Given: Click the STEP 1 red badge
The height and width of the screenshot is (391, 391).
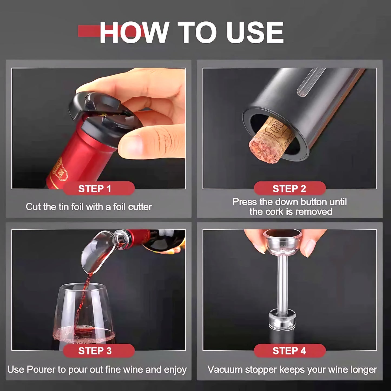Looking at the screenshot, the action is [99, 188].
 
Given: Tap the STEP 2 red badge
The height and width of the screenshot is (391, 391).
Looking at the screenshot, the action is [290, 188].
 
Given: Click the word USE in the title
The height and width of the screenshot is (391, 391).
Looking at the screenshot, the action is [255, 32].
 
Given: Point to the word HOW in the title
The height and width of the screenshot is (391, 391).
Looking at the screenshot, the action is [134, 32].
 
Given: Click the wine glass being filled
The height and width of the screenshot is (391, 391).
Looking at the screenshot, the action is [84, 317].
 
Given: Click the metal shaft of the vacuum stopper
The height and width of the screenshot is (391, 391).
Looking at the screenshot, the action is [282, 282].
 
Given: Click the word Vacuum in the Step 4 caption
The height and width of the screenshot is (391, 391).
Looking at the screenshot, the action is [225, 370].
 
